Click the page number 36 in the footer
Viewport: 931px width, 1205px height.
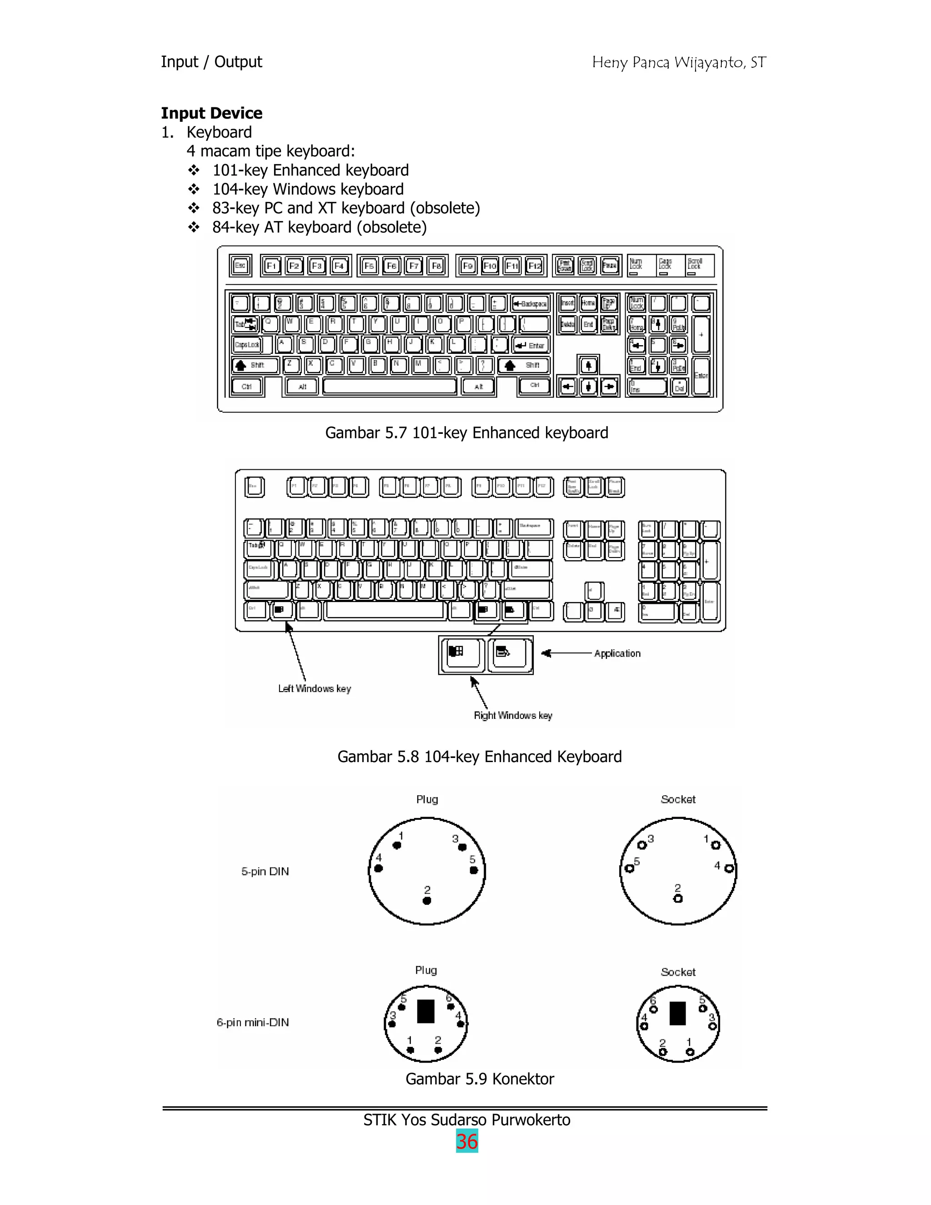point(466,1141)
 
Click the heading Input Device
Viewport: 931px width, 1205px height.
point(211,113)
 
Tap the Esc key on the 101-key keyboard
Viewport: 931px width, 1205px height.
point(240,266)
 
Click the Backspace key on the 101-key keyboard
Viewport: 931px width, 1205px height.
point(530,303)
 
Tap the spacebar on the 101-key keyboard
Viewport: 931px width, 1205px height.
point(390,386)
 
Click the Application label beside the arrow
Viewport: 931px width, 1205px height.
point(617,653)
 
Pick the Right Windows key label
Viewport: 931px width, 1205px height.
point(513,716)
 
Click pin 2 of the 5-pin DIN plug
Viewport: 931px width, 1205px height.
point(427,900)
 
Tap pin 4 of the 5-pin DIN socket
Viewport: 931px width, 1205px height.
point(729,869)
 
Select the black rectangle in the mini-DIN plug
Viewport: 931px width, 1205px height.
point(426,1011)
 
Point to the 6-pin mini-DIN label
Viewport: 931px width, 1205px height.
point(253,1022)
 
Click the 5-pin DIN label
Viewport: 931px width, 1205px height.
point(265,872)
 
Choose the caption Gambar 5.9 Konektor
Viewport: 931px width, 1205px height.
point(479,1079)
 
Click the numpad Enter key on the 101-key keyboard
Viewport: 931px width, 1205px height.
point(701,376)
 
